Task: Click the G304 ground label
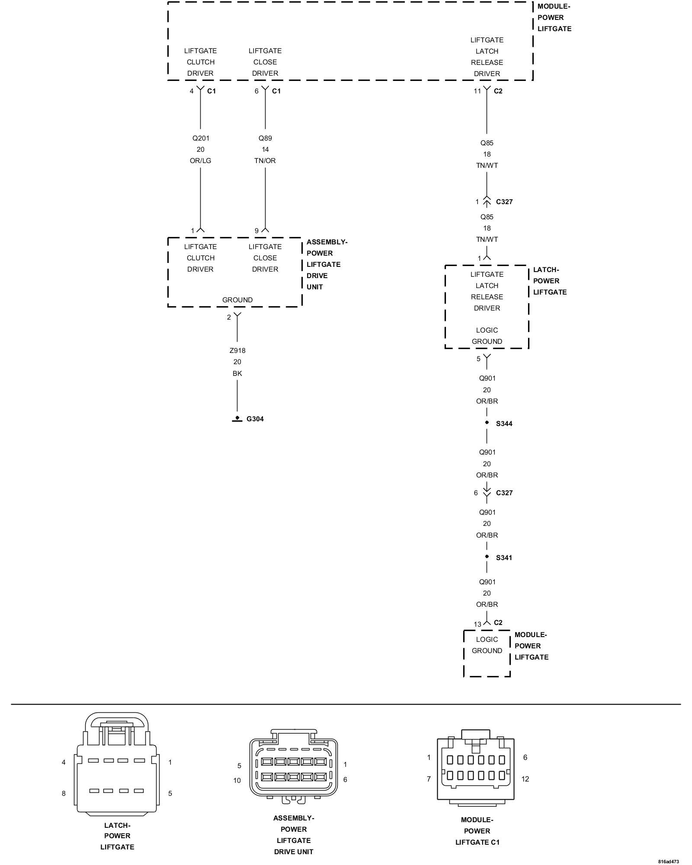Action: pos(255,419)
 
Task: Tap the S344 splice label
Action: pos(504,423)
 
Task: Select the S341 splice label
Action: pos(504,557)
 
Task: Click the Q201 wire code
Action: pos(200,138)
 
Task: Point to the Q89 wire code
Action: pos(265,138)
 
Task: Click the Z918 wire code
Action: pos(237,350)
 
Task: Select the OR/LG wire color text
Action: pos(200,161)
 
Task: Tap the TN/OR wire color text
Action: pos(265,161)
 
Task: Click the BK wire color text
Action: pos(237,373)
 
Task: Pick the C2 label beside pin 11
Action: pos(498,91)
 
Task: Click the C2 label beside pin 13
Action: pos(498,622)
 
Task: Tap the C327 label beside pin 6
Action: pos(504,493)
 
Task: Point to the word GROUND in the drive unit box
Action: pos(237,300)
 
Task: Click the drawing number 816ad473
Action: pos(669,862)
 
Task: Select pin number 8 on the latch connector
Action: pos(64,793)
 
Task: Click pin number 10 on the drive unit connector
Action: pos(237,780)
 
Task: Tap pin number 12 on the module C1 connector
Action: pos(525,779)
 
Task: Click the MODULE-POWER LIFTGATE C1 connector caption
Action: pos(477,831)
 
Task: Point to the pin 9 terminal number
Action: pos(256,231)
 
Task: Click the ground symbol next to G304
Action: pos(237,419)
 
